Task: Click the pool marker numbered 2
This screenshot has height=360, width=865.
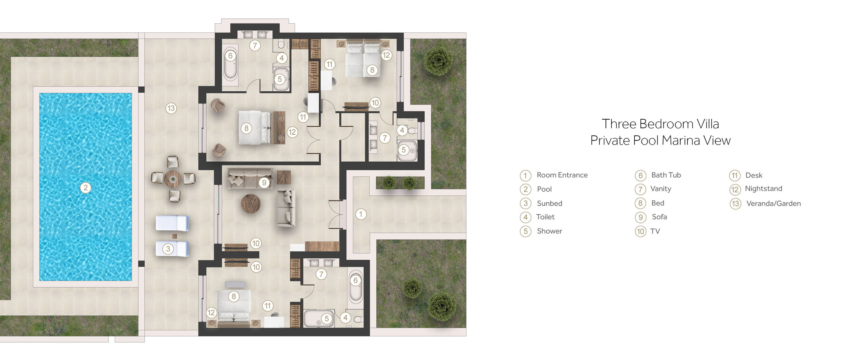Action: point(86,188)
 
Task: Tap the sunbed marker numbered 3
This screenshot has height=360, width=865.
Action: point(168,249)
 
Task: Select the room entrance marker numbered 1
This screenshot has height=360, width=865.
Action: point(361,214)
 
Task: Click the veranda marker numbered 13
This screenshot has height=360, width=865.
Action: point(171,108)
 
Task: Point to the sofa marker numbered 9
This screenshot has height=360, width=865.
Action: point(264,182)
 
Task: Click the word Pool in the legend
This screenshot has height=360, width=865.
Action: point(544,189)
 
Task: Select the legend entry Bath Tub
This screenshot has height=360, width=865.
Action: point(666,175)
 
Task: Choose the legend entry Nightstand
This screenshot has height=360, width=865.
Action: point(763,189)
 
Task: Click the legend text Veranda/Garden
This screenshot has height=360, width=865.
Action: point(773,203)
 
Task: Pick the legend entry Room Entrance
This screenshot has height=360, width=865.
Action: point(562,175)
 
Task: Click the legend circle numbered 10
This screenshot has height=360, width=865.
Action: point(640,231)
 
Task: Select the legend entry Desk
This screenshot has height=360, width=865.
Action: point(754,175)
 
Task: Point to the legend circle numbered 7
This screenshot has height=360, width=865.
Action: point(640,189)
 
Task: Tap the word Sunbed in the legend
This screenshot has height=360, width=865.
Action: point(549,203)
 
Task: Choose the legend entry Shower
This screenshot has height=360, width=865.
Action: point(549,231)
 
